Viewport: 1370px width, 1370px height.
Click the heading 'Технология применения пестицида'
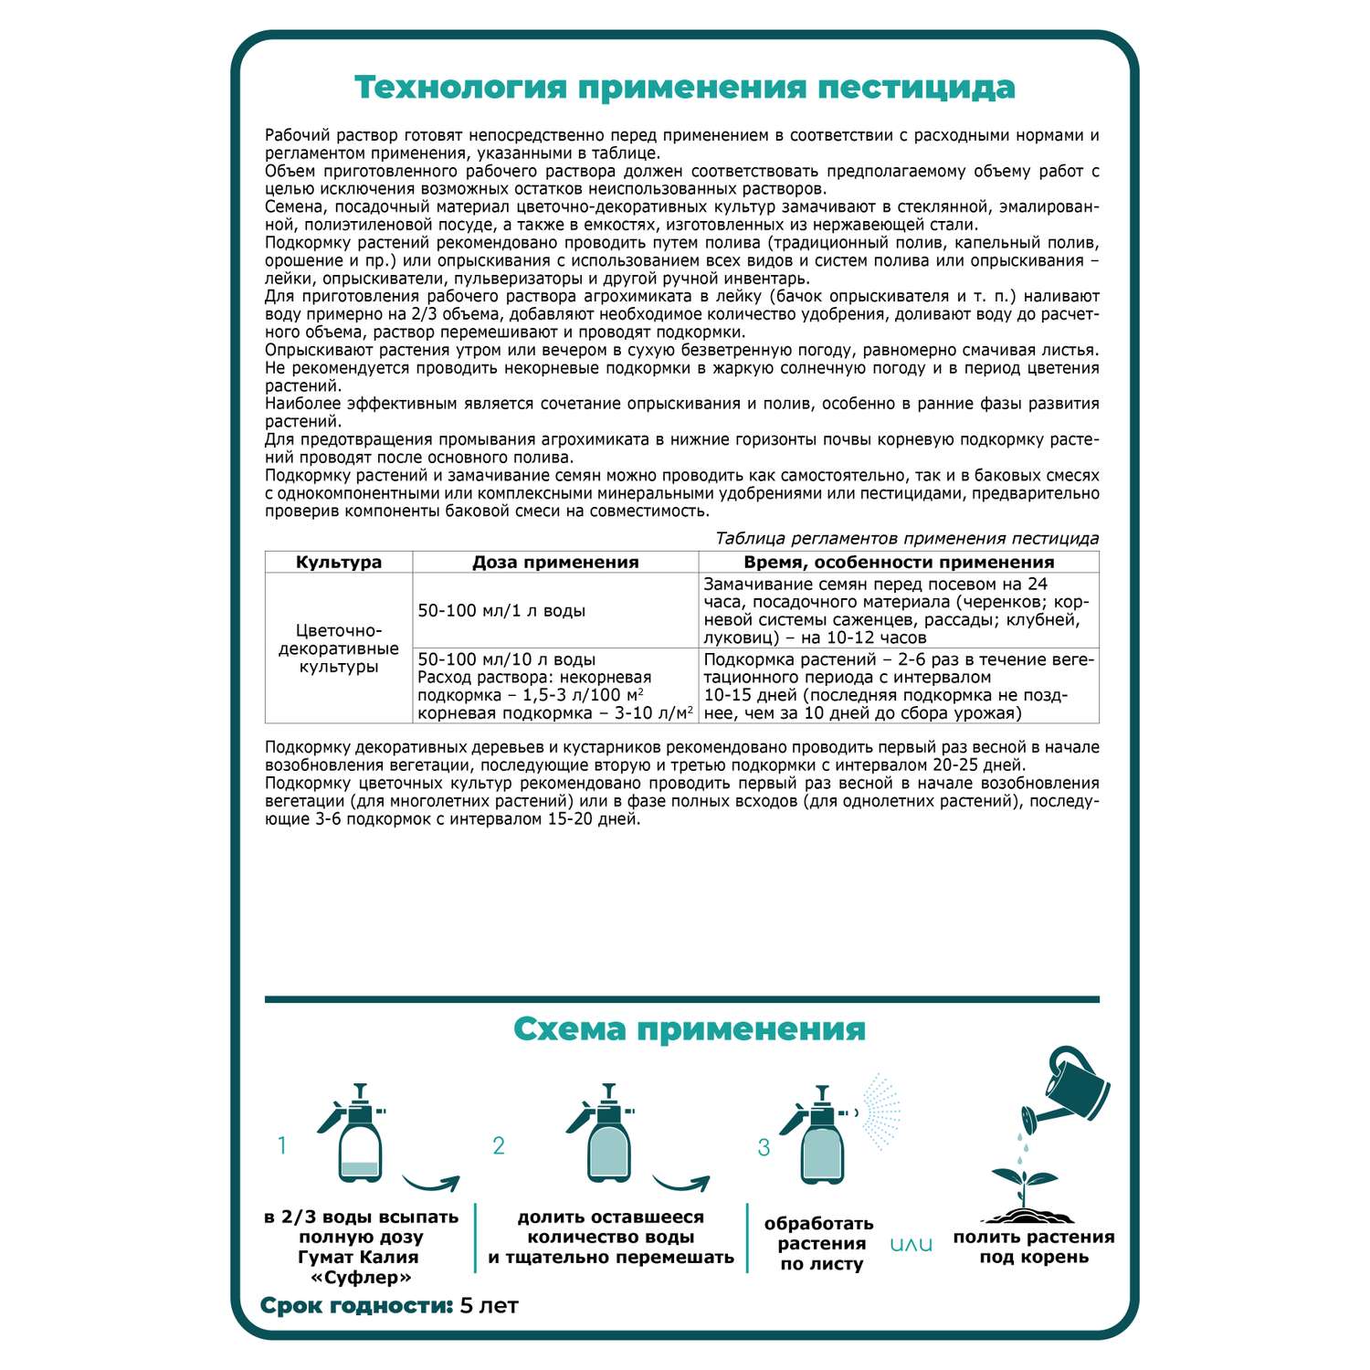pos(684,88)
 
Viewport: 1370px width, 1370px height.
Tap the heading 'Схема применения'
pos(689,1029)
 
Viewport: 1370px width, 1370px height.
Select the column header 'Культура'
pos(339,563)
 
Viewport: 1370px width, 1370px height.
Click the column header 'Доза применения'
pos(555,563)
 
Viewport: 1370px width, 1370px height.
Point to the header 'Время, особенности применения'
pos(899,563)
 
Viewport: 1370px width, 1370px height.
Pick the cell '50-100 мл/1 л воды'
pos(501,611)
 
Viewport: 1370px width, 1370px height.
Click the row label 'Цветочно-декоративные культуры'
pos(339,648)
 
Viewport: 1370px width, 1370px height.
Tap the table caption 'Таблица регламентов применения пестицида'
pos(907,539)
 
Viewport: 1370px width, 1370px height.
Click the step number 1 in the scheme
pos(282,1145)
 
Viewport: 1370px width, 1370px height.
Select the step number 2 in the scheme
pos(499,1146)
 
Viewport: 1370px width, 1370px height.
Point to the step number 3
pos(764,1148)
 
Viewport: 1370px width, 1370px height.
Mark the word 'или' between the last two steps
pos(911,1245)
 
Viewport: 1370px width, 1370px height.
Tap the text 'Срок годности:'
pos(357,1306)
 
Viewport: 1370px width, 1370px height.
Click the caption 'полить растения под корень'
pos(1034,1248)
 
